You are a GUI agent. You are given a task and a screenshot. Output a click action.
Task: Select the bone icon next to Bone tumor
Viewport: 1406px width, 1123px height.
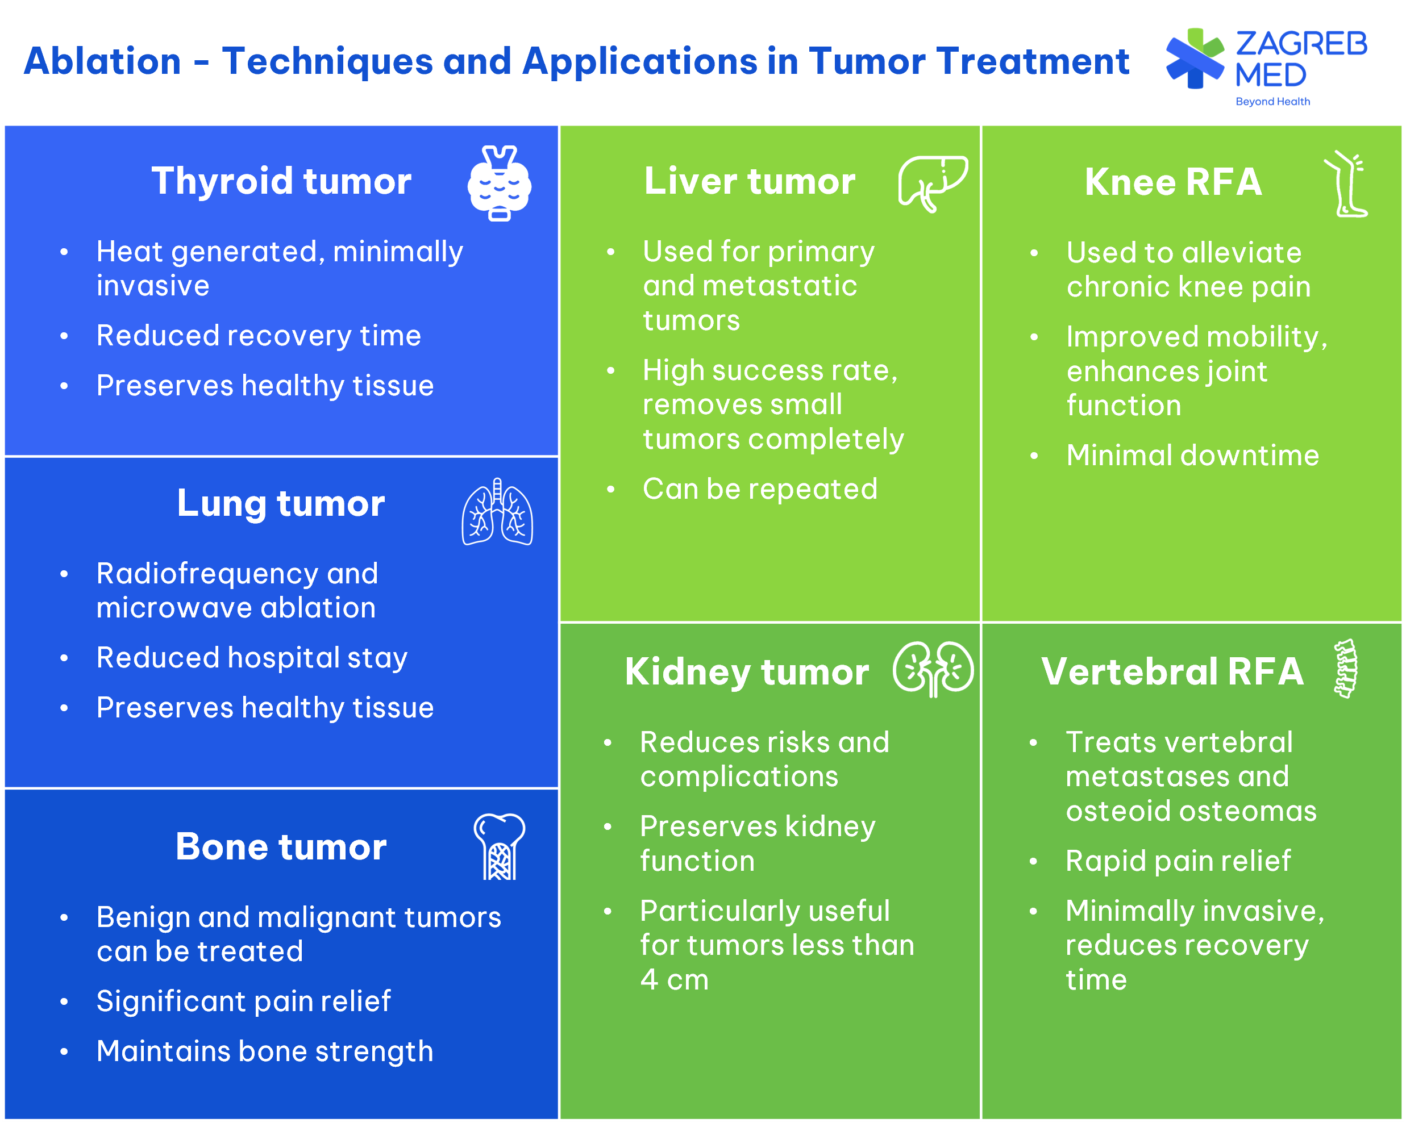(499, 846)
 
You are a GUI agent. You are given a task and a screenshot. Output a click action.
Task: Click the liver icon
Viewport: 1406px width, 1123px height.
(933, 184)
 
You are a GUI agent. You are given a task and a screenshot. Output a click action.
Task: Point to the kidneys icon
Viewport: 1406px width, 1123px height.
(933, 669)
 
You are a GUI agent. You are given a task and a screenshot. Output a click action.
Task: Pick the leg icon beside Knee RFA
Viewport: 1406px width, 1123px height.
(1345, 184)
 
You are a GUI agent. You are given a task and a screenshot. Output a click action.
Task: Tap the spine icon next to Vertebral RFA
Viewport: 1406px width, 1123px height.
(1345, 669)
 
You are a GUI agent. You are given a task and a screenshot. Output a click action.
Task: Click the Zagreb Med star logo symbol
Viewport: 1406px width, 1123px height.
(1195, 59)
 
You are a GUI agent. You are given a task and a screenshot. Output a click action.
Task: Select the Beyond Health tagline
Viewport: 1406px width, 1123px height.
(1272, 102)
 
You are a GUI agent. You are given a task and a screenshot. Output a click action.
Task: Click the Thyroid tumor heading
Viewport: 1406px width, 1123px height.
(281, 181)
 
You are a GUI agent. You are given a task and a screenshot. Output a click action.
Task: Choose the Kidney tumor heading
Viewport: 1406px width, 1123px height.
(747, 672)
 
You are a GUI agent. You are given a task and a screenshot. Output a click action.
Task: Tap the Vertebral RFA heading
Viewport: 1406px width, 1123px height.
(1172, 671)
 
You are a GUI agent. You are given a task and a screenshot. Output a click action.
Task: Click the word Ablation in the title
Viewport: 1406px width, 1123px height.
(102, 61)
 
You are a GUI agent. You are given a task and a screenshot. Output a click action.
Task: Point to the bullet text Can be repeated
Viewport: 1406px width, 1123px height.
(760, 489)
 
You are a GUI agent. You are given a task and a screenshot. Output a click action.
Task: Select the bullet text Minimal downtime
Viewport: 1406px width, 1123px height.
(1192, 455)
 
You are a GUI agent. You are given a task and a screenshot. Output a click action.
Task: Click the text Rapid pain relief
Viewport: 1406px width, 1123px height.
(1178, 861)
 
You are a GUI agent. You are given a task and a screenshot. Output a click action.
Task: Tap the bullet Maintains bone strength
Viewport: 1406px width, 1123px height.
(265, 1051)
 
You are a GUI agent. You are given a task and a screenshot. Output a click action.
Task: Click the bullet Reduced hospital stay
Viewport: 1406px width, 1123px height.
(252, 658)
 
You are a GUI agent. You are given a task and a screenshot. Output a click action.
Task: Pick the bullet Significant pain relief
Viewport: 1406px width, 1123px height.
(243, 1002)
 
